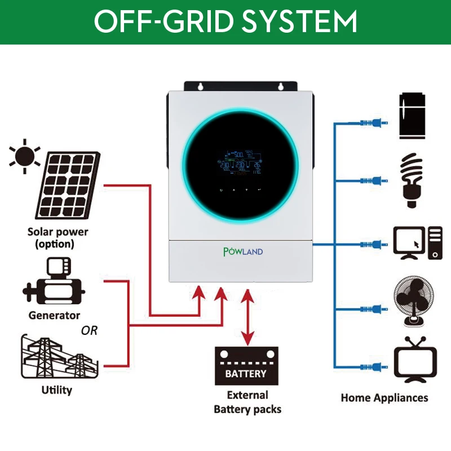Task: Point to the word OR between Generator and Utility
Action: click(89, 331)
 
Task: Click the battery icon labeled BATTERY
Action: click(246, 366)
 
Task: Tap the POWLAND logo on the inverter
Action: click(243, 251)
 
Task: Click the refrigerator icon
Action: click(412, 116)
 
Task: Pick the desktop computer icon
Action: click(418, 243)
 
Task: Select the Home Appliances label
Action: click(384, 397)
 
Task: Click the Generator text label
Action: click(55, 315)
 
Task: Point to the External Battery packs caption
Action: click(247, 402)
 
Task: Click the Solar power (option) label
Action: click(58, 238)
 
